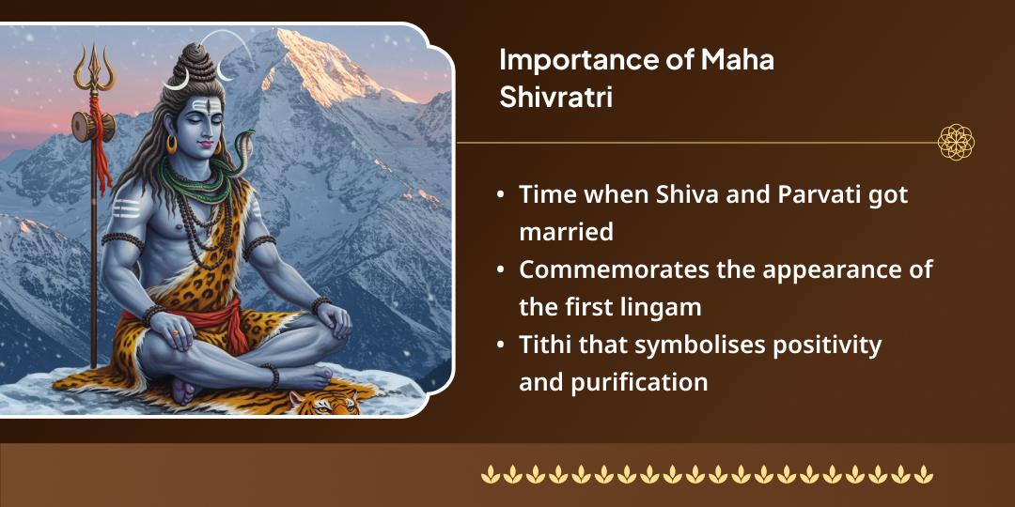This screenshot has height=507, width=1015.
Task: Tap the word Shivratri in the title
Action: point(555,97)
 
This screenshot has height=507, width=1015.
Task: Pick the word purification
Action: point(640,382)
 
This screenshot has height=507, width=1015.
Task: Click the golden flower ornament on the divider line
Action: point(956,143)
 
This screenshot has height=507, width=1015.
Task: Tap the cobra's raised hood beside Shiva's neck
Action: point(245,139)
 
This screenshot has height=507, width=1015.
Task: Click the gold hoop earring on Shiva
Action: point(172,145)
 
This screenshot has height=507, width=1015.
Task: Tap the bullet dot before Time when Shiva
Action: point(501,196)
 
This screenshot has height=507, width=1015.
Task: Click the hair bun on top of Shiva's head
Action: point(194,58)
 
